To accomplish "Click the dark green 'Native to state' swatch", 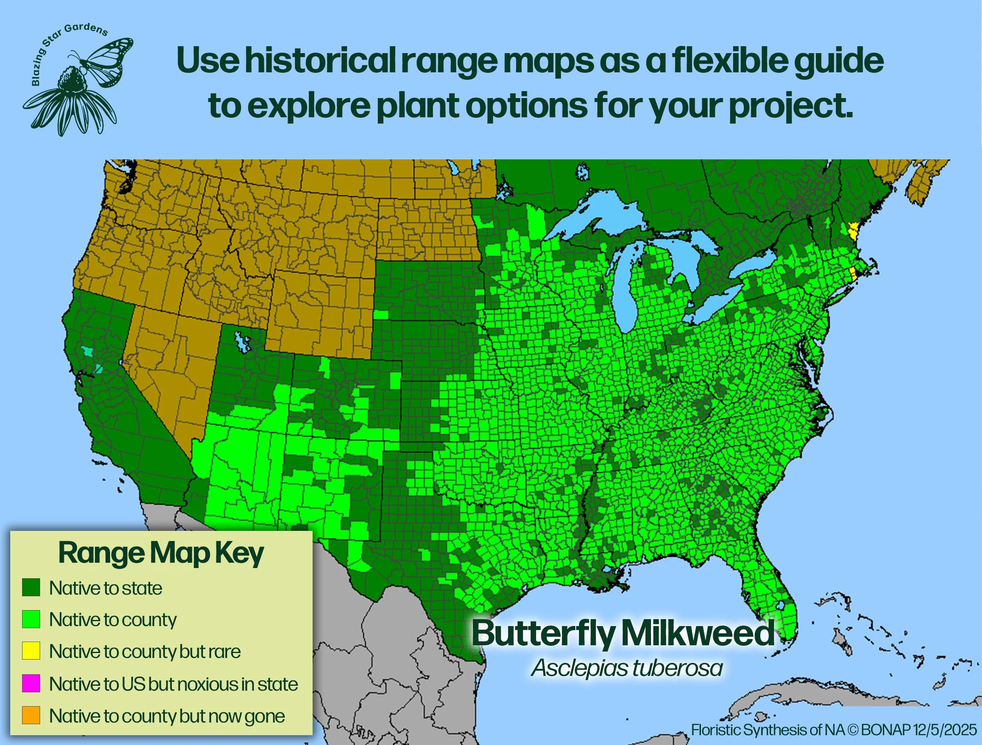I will (x=31, y=587).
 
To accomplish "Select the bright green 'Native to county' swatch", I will (x=31, y=619).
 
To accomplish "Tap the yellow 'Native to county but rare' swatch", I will (x=31, y=651).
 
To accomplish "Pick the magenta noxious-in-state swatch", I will (x=31, y=683).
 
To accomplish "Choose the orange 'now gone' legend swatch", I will (x=31, y=715).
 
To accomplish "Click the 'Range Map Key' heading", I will (x=161, y=553).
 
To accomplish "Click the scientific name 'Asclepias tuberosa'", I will (x=627, y=668).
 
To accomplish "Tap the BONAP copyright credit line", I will (x=834, y=730).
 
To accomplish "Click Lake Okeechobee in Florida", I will (x=780, y=606).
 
